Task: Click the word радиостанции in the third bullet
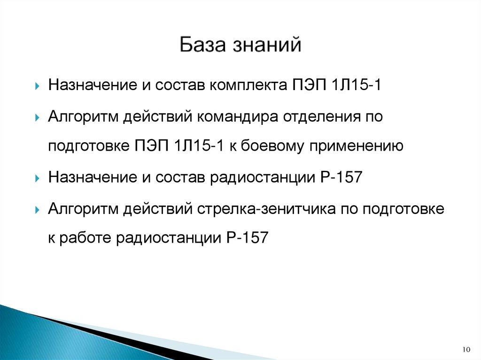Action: tap(263, 177)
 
